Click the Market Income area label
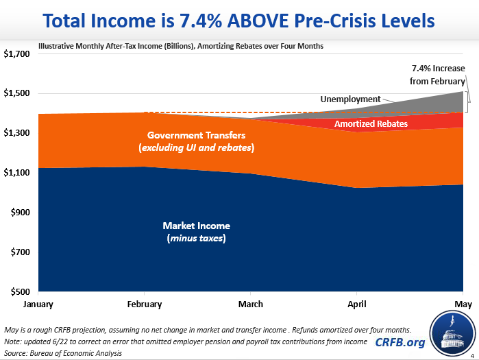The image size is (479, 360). coord(196,232)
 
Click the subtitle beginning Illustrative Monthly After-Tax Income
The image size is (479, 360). coord(182,47)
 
